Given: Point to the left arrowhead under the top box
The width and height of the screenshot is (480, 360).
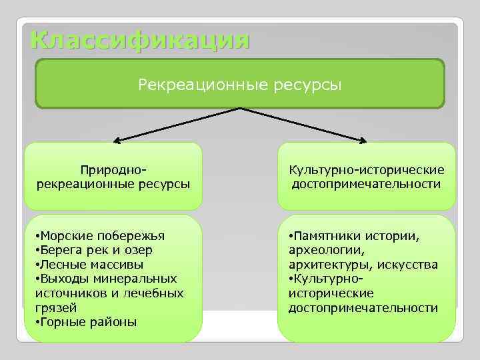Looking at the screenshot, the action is (116, 140).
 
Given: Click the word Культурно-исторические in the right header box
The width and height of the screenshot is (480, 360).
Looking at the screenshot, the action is (366, 171).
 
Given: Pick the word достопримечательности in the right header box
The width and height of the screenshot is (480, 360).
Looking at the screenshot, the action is (366, 184).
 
